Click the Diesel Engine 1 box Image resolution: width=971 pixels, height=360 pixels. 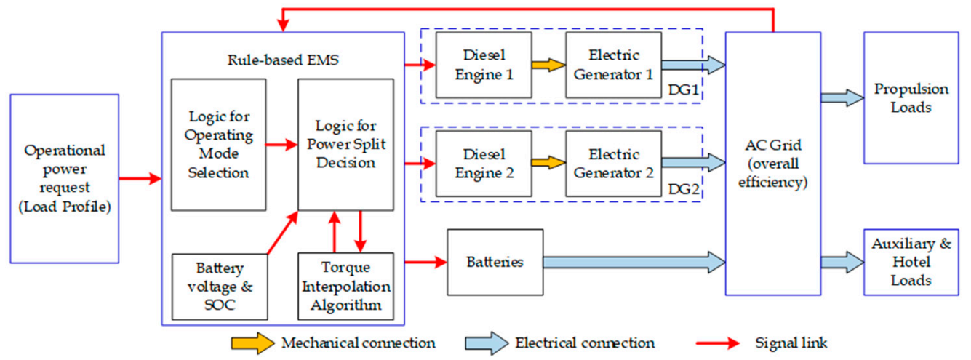pos(483,65)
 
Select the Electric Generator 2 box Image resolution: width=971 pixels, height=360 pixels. pos(613,164)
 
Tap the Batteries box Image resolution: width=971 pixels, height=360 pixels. pos(495,262)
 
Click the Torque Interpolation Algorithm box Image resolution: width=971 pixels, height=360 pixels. pos(345,287)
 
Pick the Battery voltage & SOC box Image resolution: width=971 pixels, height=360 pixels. pos(220,287)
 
